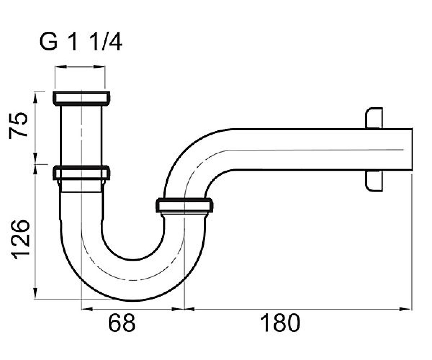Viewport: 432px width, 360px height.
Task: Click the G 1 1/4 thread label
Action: [81, 42]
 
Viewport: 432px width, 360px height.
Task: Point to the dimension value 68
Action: [121, 323]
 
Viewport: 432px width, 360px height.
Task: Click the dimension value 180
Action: [280, 323]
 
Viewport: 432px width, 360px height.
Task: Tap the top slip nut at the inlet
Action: [81, 99]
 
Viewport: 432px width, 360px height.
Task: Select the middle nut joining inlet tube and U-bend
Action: [81, 172]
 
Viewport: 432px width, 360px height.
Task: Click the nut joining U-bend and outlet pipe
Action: [184, 205]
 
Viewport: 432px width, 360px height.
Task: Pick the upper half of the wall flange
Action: [374, 118]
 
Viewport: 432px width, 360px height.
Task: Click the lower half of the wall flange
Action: [374, 181]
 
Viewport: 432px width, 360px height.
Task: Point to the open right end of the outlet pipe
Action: [412, 150]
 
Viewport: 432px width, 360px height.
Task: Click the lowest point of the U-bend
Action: [132, 300]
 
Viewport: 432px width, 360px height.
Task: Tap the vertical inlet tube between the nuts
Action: [81, 135]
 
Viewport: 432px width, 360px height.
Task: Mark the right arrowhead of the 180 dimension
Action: [405, 309]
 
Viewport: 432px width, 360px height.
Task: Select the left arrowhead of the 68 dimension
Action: [87, 309]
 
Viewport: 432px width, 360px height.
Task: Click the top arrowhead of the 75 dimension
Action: [35, 97]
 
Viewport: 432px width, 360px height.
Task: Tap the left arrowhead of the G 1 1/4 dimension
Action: [61, 67]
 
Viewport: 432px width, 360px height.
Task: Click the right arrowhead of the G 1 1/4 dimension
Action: [99, 67]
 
